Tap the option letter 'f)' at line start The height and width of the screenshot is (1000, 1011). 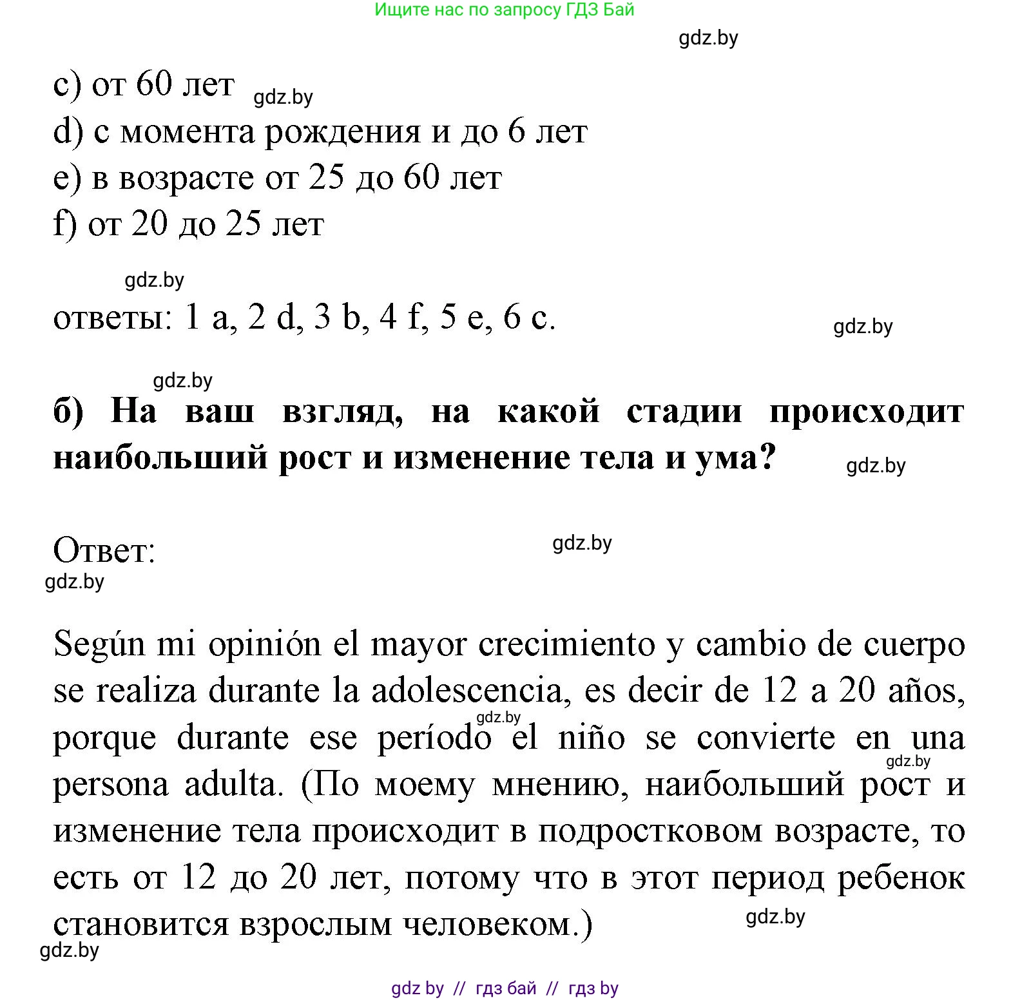65,224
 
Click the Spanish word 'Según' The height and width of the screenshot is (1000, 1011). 99,645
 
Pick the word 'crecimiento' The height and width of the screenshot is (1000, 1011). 566,645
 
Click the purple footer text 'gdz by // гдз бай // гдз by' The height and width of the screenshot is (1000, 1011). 505,988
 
